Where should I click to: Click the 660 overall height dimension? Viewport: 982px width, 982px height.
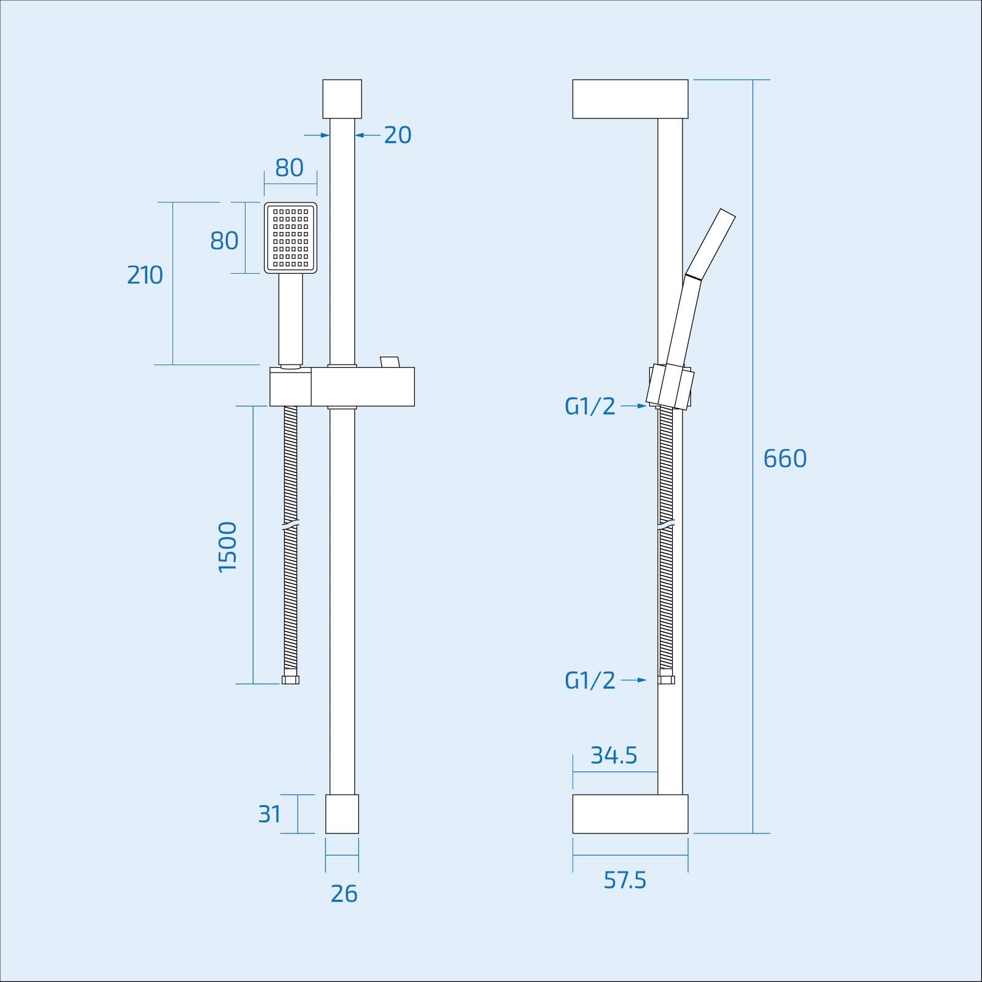[x=784, y=458]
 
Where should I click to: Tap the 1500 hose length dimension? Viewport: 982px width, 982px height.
[x=228, y=546]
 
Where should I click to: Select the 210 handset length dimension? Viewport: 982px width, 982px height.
[x=145, y=275]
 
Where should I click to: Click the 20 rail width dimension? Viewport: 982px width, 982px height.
[x=397, y=135]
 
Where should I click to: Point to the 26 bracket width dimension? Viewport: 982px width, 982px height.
[x=344, y=894]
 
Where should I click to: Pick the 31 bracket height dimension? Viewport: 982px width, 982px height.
[x=269, y=814]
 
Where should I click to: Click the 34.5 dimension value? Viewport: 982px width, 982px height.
[x=614, y=755]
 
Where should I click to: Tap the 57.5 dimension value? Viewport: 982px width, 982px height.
[x=625, y=880]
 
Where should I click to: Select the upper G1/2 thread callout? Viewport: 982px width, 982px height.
[x=590, y=406]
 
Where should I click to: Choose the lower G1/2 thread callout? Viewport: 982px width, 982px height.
[x=590, y=680]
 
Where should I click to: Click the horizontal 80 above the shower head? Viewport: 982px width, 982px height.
[x=289, y=168]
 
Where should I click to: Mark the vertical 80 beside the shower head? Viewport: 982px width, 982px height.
[x=224, y=241]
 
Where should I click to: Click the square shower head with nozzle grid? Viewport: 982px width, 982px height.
[x=291, y=238]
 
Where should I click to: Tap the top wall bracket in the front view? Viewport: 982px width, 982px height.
[x=342, y=98]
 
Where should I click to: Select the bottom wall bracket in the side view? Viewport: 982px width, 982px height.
[x=630, y=814]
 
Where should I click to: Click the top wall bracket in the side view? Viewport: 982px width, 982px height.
[x=630, y=99]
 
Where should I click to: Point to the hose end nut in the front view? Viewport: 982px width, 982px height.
[x=290, y=680]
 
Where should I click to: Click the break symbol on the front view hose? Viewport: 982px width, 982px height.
[x=290, y=526]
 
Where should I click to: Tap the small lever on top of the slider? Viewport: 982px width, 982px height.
[x=389, y=361]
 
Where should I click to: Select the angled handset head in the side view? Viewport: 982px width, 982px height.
[x=711, y=243]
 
